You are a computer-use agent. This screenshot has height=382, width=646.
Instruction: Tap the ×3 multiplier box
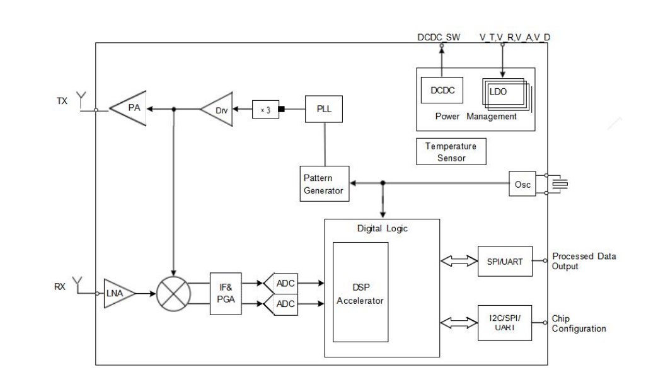pyautogui.click(x=264, y=110)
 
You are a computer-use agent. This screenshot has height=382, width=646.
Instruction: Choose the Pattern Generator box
pyautogui.click(x=324, y=183)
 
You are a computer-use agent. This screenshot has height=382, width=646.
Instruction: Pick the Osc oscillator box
pyautogui.click(x=522, y=183)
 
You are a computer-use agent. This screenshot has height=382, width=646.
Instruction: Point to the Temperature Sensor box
pyautogui.click(x=451, y=152)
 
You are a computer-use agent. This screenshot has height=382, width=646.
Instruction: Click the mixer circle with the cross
pyautogui.click(x=173, y=293)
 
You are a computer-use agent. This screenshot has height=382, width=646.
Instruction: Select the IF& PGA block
pyautogui.click(x=226, y=293)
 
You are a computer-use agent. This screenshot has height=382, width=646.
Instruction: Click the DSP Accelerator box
pyautogui.click(x=360, y=292)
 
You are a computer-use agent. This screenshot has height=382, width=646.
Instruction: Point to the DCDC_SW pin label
pyautogui.click(x=439, y=38)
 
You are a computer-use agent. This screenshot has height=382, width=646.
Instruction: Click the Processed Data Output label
pyautogui.click(x=584, y=261)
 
